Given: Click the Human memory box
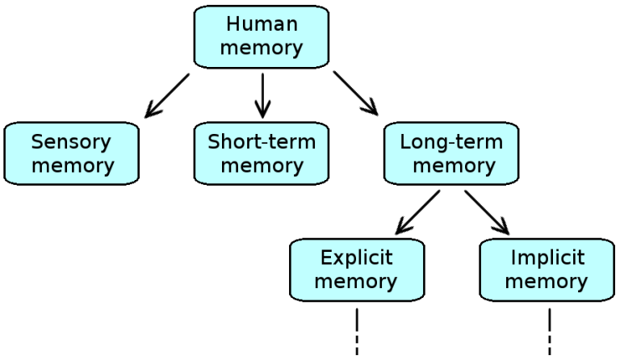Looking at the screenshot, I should point(262,36).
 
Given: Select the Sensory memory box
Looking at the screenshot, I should point(73,153).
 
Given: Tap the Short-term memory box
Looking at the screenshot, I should point(262,153).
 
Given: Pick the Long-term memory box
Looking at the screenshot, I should point(451,153).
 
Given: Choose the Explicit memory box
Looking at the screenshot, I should point(356,270).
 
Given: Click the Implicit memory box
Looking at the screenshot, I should point(547,270).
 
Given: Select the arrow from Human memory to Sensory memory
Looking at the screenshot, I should point(167,94).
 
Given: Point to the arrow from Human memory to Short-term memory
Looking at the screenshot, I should point(262,94).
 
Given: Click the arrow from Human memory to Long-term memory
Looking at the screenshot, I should point(356,94).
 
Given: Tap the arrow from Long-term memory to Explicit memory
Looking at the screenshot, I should point(418,211).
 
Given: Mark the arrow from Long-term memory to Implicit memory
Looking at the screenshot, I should point(486,211).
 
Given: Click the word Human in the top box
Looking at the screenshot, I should point(262,24).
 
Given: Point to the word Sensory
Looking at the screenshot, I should point(73,142).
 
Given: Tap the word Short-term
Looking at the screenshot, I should point(262,142).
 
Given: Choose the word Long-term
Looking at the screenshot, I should point(451,142).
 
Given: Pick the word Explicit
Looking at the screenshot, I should point(356,258).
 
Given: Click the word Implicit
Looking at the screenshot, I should point(547,258).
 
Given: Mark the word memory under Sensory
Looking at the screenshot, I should point(73,166).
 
